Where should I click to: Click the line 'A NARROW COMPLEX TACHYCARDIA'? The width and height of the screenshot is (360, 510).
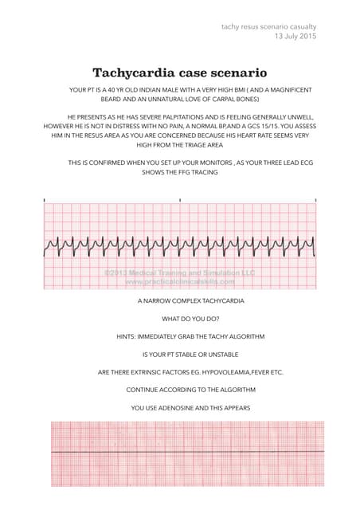pos(179,302)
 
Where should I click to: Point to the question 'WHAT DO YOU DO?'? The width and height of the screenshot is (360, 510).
pos(179,320)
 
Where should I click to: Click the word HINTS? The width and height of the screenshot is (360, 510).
pos(127,337)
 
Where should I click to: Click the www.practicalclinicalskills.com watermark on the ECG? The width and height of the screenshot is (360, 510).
pos(179,281)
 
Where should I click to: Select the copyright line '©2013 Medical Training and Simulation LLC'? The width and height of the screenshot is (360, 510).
pos(179,273)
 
